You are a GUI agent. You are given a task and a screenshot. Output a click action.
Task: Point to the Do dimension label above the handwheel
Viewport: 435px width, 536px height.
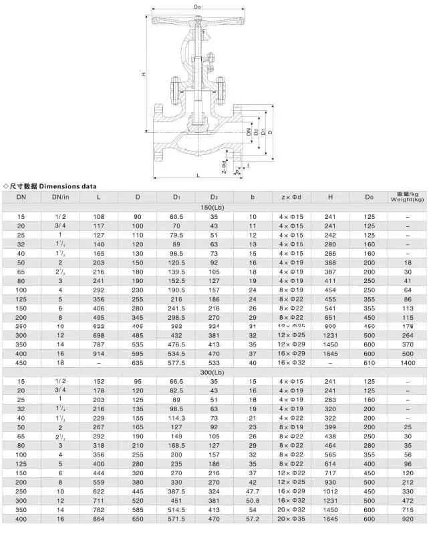[198, 7]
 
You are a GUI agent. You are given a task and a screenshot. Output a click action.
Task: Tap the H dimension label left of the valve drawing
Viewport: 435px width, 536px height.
[144, 74]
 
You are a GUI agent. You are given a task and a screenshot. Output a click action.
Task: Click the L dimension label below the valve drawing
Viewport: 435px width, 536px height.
[198, 175]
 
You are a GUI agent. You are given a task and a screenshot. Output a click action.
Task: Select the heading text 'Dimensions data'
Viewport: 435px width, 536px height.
[66, 186]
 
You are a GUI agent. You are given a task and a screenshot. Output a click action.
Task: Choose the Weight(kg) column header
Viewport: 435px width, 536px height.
[408, 197]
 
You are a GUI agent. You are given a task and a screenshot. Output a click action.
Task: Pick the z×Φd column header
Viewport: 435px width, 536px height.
[291, 197]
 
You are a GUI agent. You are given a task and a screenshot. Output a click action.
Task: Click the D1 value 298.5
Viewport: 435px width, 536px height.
[176, 318]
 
